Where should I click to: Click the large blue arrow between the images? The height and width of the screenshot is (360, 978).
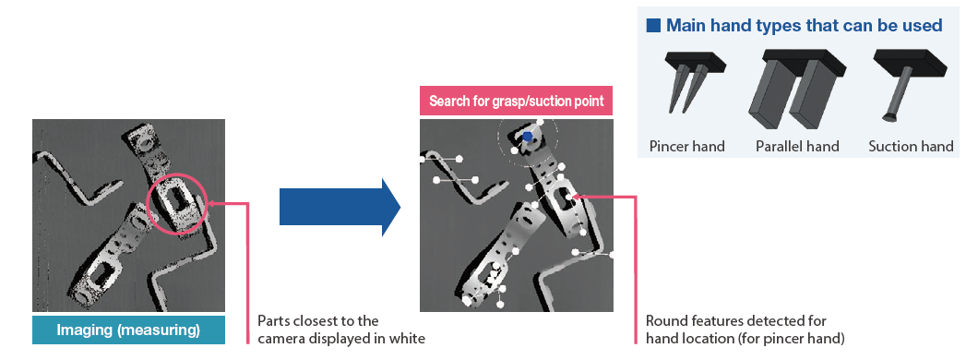click(x=340, y=207)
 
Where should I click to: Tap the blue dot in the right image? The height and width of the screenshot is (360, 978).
click(x=528, y=136)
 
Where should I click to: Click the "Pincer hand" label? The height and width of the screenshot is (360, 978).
click(x=686, y=147)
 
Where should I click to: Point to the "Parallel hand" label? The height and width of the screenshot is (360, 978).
click(x=797, y=147)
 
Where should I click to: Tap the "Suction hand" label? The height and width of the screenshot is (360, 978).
click(x=911, y=147)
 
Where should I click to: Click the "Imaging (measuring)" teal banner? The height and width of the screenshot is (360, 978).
click(x=128, y=330)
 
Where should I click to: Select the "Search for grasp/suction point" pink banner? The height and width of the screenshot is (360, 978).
click(x=516, y=101)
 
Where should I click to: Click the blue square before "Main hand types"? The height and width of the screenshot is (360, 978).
click(x=653, y=26)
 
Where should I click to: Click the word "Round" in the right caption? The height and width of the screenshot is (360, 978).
click(x=663, y=321)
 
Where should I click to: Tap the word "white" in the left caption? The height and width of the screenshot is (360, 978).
click(x=409, y=339)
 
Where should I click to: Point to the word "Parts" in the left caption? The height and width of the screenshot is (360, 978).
click(x=272, y=321)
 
